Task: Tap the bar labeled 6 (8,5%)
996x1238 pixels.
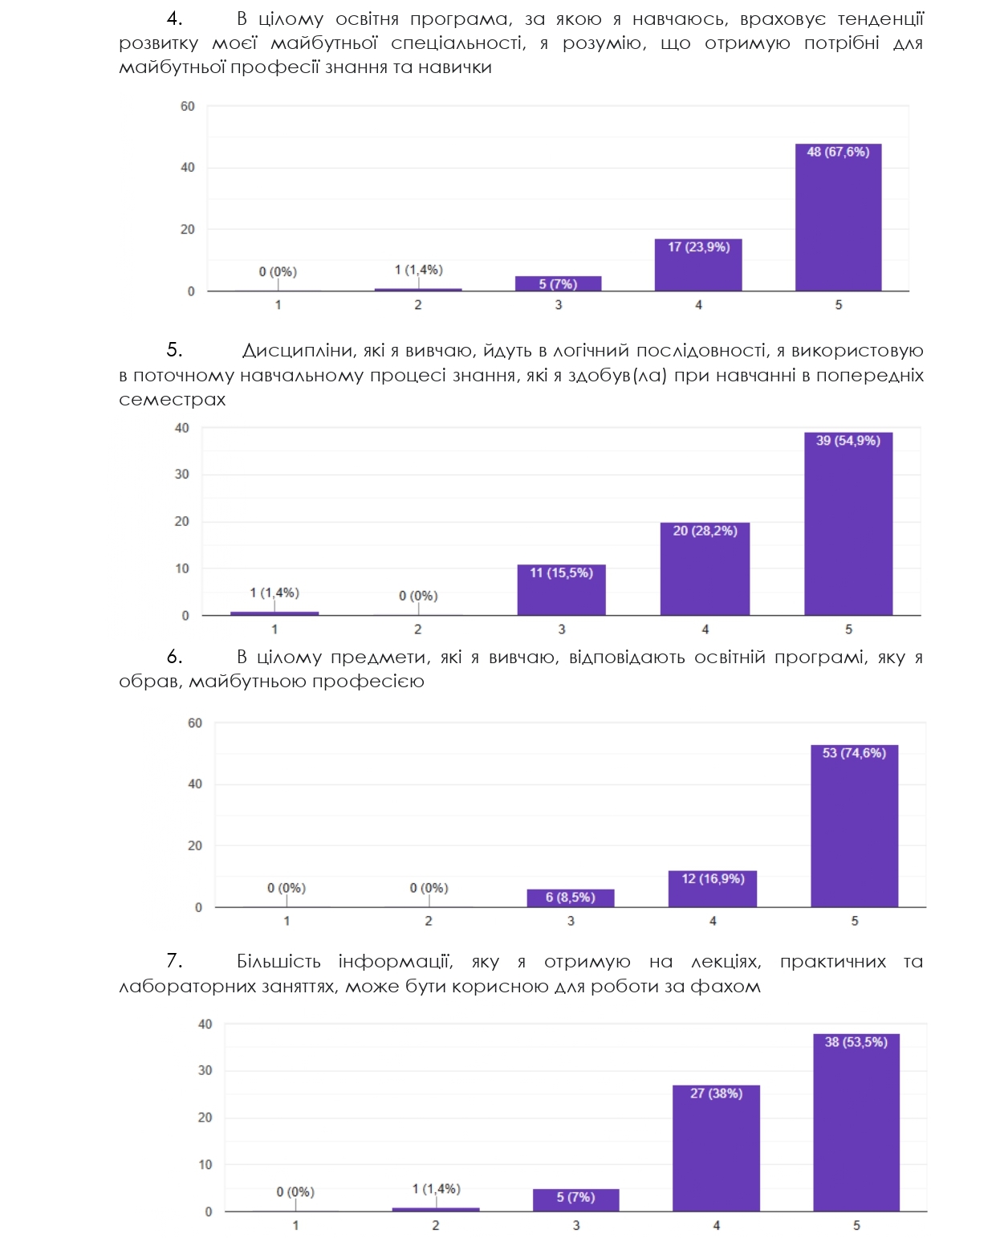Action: coord(571,898)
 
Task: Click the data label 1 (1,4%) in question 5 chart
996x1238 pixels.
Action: coord(274,593)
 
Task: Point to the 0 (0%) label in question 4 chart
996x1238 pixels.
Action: coord(278,272)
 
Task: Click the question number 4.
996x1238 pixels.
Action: coord(174,18)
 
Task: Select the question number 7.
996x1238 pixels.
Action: coord(174,961)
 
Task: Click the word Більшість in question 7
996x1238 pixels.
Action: coord(278,962)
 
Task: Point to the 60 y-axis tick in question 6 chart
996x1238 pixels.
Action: coord(195,723)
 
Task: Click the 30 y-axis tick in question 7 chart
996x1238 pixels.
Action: coord(205,1070)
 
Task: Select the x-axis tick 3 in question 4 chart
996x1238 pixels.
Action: coord(559,305)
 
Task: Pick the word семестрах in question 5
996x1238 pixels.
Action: coord(173,400)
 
